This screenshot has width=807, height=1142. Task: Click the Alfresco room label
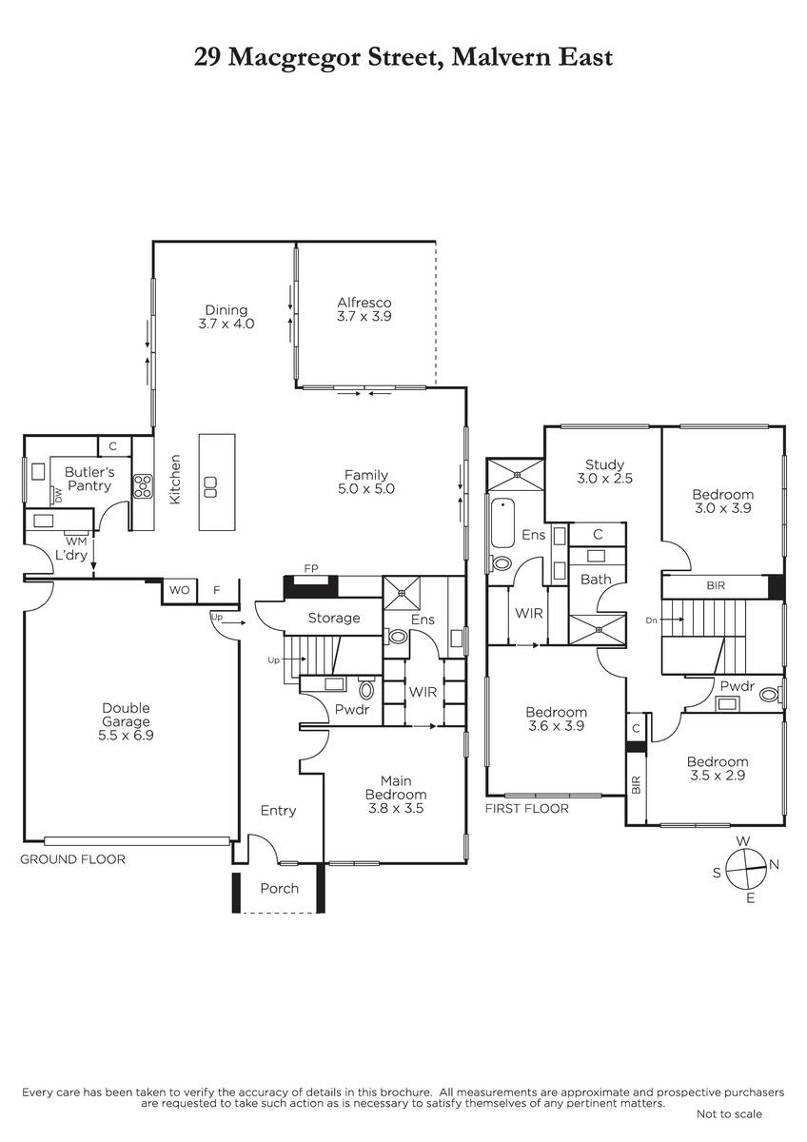tap(364, 303)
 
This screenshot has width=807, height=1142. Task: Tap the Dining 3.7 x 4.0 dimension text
tap(226, 324)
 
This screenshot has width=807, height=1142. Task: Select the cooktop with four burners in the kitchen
tap(143, 486)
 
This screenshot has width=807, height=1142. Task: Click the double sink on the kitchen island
tap(210, 486)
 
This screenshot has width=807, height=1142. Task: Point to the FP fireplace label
tap(311, 568)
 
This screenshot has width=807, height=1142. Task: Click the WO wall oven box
tap(179, 590)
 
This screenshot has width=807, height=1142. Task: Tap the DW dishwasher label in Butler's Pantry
tap(58, 494)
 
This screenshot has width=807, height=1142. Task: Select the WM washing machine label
tap(76, 541)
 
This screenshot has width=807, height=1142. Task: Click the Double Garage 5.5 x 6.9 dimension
tap(126, 735)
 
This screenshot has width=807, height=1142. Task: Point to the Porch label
tap(280, 889)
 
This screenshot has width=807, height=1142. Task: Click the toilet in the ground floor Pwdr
tap(366, 690)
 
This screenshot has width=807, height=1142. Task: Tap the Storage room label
tap(334, 619)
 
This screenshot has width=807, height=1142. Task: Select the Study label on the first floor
tap(604, 465)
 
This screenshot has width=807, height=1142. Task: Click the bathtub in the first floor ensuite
tap(503, 522)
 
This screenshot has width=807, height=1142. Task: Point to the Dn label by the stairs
tap(651, 620)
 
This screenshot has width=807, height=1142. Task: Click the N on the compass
tap(774, 864)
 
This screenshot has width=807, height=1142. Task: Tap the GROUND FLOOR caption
tap(72, 859)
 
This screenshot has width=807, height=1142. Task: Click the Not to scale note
tap(729, 1114)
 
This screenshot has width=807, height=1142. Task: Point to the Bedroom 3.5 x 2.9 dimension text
tap(718, 776)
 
